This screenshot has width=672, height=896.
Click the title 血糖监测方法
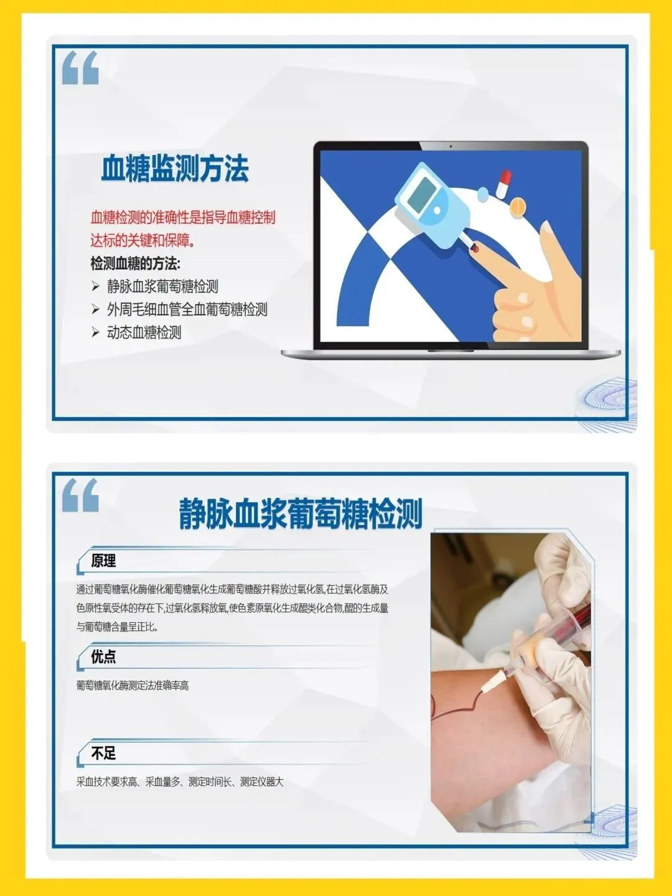(175, 168)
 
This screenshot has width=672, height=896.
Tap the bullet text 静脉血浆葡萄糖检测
(162, 287)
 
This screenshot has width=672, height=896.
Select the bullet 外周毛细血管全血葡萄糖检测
(187, 309)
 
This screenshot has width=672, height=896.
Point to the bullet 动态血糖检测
(144, 332)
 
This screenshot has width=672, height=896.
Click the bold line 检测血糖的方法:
(135, 264)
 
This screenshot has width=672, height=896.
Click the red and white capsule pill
(503, 185)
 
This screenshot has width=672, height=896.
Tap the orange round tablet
(517, 207)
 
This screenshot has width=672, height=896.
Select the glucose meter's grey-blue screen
(421, 195)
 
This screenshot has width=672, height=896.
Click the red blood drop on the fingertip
(475, 248)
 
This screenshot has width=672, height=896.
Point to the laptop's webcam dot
(450, 146)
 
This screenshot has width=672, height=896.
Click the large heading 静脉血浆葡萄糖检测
(301, 513)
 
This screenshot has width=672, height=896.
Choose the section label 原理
(103, 561)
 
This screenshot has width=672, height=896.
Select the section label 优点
(103, 657)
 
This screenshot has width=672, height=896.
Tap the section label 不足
(103, 753)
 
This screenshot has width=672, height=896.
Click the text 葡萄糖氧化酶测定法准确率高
(133, 685)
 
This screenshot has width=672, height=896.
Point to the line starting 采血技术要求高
(180, 782)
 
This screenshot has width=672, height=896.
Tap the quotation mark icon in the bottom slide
(80, 495)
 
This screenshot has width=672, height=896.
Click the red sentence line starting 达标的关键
(142, 241)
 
